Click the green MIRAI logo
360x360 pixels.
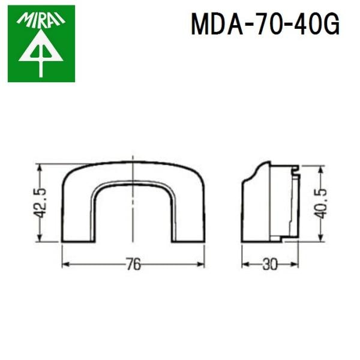tap(41, 43)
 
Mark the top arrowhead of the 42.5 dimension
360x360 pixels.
tap(40, 169)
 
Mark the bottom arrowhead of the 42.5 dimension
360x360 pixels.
tap(40, 238)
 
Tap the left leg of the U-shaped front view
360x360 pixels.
tap(76, 216)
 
